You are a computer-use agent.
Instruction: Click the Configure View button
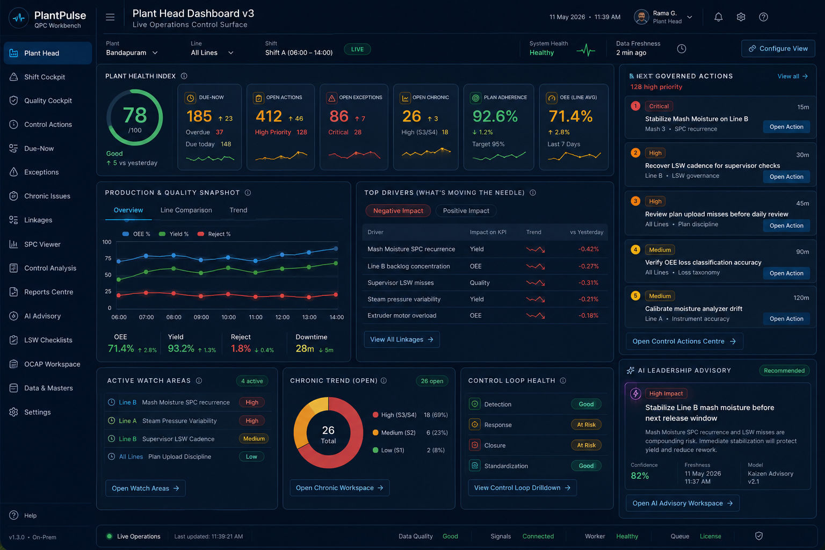(778, 49)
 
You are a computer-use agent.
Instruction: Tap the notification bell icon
(718, 17)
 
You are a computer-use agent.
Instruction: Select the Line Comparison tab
(186, 210)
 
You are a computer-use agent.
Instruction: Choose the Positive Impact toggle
(466, 211)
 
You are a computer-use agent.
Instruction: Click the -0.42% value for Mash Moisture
(588, 249)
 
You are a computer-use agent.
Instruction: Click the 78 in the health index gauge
(135, 115)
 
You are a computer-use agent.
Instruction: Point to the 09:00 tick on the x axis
(201, 317)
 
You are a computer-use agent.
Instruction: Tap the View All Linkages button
(402, 339)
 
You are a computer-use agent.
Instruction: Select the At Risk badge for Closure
(586, 445)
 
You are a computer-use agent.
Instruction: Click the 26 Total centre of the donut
(328, 434)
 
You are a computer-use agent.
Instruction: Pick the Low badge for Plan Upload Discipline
(251, 457)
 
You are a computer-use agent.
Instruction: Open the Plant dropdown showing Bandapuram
(132, 53)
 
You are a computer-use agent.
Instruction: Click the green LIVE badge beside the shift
(357, 49)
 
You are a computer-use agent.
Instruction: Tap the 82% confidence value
(640, 475)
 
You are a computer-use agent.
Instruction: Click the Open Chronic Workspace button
(339, 488)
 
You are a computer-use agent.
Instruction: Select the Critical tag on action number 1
(658, 106)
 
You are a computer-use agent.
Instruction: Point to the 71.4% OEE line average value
(570, 117)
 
